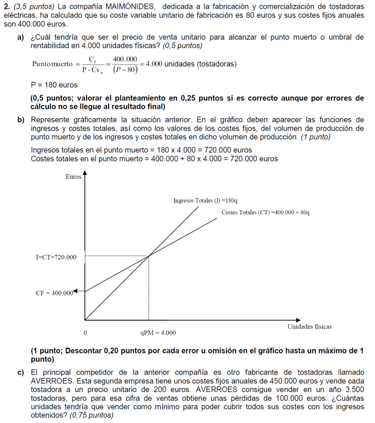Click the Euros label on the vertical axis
click(73, 177)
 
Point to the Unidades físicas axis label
click(309, 326)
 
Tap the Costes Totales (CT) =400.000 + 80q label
click(265, 213)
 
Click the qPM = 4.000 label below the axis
click(158, 332)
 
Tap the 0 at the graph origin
click(85, 332)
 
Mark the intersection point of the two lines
click(149, 256)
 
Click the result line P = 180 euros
click(54, 85)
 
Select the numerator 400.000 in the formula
click(125, 59)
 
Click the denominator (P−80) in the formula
click(125, 70)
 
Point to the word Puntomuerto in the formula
click(52, 64)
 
